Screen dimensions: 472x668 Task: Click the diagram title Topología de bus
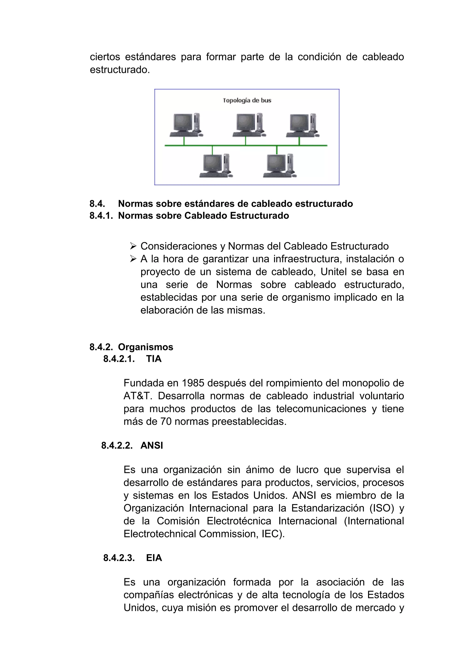(247, 100)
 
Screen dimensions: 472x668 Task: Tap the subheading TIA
(154, 359)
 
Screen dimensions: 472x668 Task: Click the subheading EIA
(154, 558)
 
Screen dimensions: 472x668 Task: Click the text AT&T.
(138, 396)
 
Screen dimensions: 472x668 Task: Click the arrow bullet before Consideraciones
(133, 246)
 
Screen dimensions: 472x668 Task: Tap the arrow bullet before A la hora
(133, 259)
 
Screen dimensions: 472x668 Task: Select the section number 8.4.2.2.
(117, 445)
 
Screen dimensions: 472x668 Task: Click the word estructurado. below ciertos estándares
(120, 70)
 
